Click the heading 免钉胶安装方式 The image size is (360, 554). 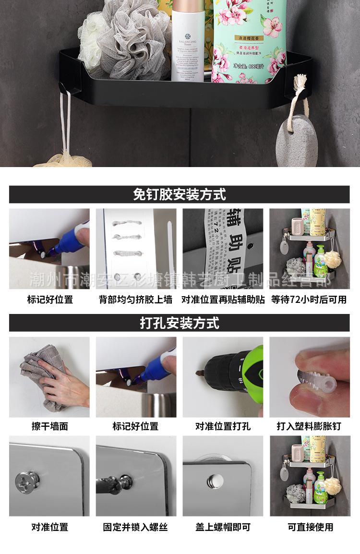tap(180, 194)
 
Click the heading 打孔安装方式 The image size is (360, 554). tap(180, 323)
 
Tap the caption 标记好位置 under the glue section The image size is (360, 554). tap(49, 300)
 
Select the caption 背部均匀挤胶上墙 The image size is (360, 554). tap(136, 300)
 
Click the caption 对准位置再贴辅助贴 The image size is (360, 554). tap(223, 300)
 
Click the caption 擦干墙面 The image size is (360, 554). tap(49, 426)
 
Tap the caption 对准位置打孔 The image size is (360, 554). tap(223, 426)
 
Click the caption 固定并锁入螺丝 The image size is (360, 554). tap(136, 527)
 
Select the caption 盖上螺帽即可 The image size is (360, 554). tap(223, 527)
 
